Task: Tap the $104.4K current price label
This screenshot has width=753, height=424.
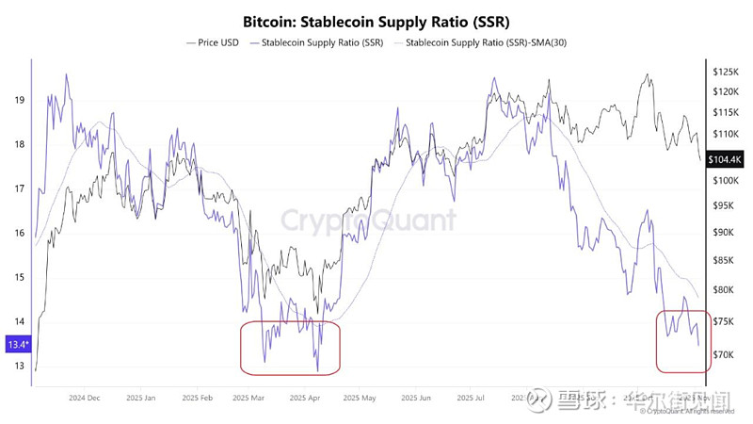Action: click(x=725, y=160)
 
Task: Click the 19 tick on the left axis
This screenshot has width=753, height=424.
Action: click(x=19, y=100)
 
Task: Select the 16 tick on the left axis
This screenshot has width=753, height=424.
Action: click(x=19, y=233)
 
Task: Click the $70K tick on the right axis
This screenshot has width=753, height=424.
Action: click(x=725, y=355)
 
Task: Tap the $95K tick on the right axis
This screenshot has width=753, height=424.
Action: click(x=725, y=206)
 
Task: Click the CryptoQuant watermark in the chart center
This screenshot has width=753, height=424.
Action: click(x=368, y=220)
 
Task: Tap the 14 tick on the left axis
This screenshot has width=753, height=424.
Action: click(x=19, y=321)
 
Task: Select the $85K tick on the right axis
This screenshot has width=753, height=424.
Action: click(x=725, y=261)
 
